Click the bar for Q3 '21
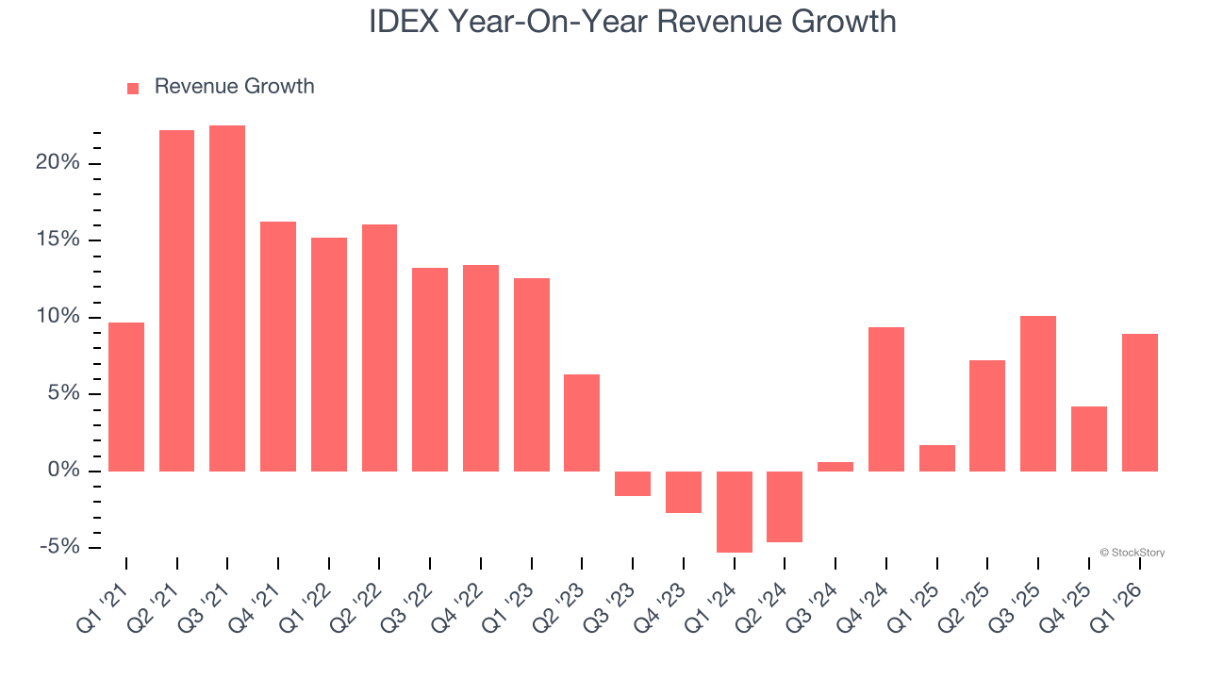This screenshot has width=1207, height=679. pyautogui.click(x=227, y=298)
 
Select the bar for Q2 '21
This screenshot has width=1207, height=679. pyautogui.click(x=176, y=301)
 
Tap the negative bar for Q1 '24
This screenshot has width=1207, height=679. pyautogui.click(x=735, y=512)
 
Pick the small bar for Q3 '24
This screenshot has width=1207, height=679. pyautogui.click(x=835, y=466)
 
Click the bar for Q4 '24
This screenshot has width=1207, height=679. pyautogui.click(x=886, y=399)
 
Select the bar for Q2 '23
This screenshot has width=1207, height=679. pyautogui.click(x=582, y=422)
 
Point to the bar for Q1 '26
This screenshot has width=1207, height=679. pyautogui.click(x=1139, y=403)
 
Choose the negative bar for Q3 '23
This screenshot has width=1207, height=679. pyautogui.click(x=633, y=484)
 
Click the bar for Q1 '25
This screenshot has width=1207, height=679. pyautogui.click(x=937, y=458)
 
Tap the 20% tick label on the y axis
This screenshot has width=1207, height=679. pyautogui.click(x=58, y=163)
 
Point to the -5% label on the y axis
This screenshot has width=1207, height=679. pyautogui.click(x=59, y=547)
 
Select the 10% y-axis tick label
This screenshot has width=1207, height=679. pyautogui.click(x=58, y=317)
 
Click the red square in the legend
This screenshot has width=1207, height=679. pyautogui.click(x=133, y=88)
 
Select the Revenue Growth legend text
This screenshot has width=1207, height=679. pyautogui.click(x=234, y=87)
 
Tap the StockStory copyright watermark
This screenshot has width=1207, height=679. pyautogui.click(x=1132, y=553)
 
